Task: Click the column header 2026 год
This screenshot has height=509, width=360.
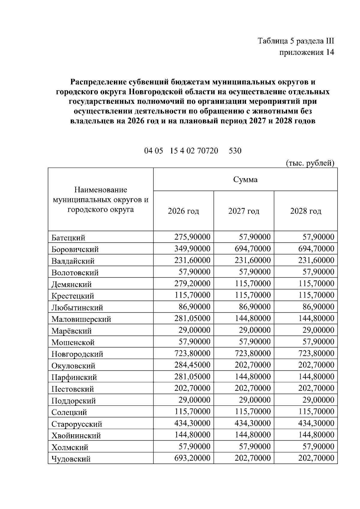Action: coord(183,211)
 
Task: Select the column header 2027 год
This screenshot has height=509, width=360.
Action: coord(244,211)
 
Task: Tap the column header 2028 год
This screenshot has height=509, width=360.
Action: coord(305,211)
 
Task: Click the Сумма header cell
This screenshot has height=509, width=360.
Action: coord(245,179)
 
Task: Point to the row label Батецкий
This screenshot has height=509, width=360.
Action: coord(68,238)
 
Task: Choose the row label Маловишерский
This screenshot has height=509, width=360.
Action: coord(81,319)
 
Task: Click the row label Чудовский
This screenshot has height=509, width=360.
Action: coord(71,459)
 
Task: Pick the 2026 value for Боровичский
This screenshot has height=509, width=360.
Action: coord(192,249)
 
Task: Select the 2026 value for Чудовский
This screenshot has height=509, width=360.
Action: coord(192,458)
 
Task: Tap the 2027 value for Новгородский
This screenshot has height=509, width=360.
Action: coord(253,353)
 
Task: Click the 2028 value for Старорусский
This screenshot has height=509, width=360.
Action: coord(316,423)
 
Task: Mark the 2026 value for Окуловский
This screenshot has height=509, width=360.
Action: coord(192,365)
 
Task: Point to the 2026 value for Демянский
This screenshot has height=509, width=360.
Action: coord(192,283)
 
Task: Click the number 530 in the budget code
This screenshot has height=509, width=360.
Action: coord(235,151)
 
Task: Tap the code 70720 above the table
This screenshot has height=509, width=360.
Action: coord(208,151)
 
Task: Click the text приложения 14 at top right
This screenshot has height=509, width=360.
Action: coord(307,52)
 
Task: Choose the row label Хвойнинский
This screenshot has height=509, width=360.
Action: coord(76,436)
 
